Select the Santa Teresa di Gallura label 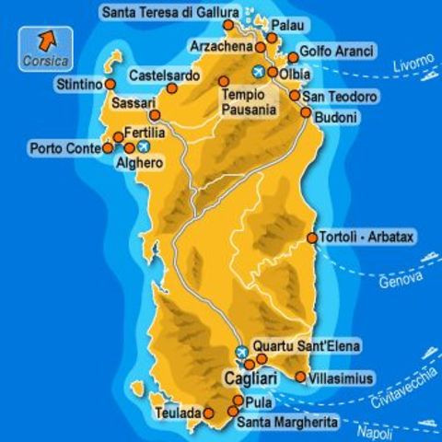click(x=171, y=12)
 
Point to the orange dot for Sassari click(x=155, y=115)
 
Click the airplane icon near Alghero click(x=143, y=146)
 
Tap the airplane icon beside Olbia click(x=259, y=72)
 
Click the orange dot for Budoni click(x=306, y=112)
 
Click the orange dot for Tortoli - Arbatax click(x=312, y=238)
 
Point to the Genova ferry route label click(x=401, y=277)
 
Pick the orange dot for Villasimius click(x=300, y=377)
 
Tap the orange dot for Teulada click(x=209, y=414)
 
